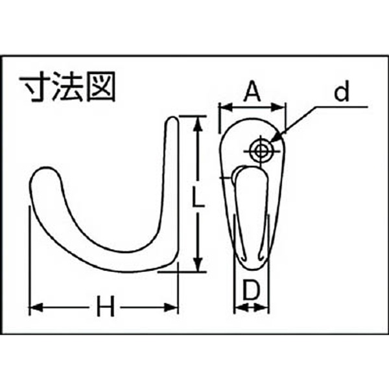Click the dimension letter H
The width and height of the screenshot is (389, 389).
[x=106, y=306]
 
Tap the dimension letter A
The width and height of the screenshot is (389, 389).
[x=252, y=91]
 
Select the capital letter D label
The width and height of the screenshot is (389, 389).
[x=251, y=289]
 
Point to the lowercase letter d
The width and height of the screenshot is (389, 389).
[x=342, y=91]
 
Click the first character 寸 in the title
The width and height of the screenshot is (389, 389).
[x=35, y=86]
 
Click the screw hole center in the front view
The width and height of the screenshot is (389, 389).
[x=261, y=150]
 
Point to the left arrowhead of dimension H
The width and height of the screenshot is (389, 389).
[x=36, y=307]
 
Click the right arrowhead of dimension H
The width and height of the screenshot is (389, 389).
[x=172, y=307]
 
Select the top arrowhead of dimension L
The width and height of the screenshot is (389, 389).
[x=198, y=124]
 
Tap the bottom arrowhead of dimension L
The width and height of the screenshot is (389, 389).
[x=198, y=265]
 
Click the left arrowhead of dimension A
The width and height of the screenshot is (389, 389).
[x=226, y=108]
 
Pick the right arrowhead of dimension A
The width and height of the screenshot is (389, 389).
[x=278, y=108]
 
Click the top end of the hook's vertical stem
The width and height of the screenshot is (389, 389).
[x=172, y=118]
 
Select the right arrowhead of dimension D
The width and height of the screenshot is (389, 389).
[x=262, y=307]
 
